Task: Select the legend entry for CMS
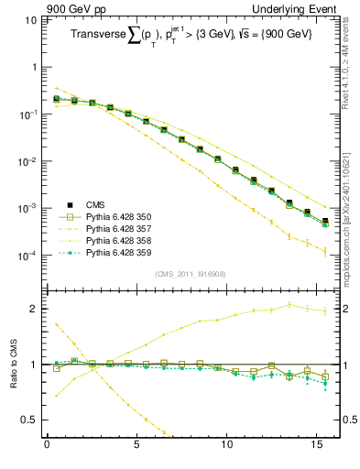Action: [103, 204]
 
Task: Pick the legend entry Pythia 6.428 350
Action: [123, 216]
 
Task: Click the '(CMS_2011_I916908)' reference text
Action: [190, 273]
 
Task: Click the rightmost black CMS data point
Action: [325, 221]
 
